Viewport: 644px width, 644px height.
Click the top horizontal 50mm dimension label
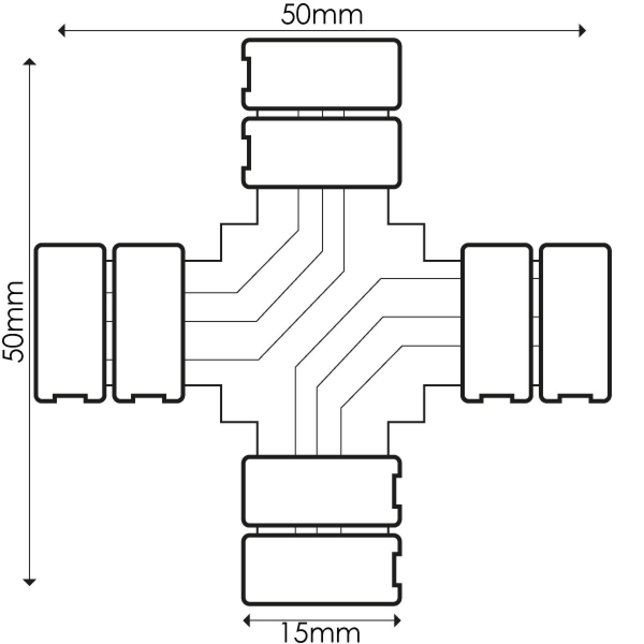(321, 15)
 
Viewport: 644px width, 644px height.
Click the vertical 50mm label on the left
(14, 322)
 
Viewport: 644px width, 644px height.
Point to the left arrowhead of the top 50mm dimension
(61, 31)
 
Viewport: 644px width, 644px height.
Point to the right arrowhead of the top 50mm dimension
(582, 31)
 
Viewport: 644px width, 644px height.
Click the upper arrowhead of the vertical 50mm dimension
(30, 62)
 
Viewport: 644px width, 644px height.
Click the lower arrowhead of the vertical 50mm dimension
(30, 582)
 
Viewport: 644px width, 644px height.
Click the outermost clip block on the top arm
(321, 74)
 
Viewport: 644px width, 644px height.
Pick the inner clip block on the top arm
(321, 153)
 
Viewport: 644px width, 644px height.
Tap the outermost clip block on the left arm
(70, 323)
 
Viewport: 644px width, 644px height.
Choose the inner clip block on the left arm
(149, 323)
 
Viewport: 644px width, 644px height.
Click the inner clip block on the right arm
(496, 323)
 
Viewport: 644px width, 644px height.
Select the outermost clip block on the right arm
(575, 323)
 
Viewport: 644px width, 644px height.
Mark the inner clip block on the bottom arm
(321, 491)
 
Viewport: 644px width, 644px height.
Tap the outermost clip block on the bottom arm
(321, 570)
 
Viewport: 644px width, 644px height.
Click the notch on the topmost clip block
(247, 74)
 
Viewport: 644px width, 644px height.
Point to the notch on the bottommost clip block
(397, 570)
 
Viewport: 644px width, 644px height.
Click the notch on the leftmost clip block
(70, 398)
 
